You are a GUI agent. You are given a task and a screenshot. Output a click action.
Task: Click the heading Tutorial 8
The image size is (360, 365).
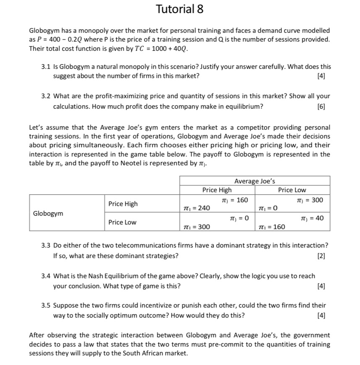[180, 10]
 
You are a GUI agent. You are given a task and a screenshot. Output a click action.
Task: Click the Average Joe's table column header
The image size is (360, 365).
[255, 181]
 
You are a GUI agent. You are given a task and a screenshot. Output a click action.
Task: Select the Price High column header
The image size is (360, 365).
[217, 190]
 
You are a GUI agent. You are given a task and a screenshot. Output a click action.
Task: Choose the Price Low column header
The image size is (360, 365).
[292, 190]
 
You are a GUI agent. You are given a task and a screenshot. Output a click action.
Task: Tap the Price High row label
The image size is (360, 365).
[123, 204]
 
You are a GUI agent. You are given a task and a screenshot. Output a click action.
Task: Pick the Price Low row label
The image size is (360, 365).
[122, 222]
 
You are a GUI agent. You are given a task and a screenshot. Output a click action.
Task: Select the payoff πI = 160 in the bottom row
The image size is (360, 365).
[272, 227]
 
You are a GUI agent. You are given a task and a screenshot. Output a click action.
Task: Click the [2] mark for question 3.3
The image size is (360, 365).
[322, 255]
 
